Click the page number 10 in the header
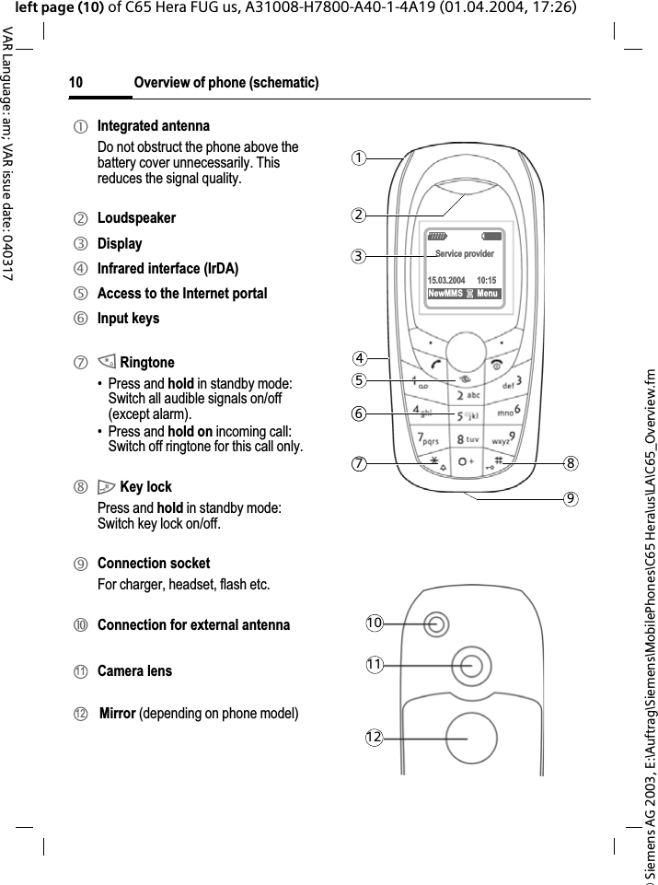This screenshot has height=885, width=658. click(75, 84)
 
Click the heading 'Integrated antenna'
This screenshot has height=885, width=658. click(153, 125)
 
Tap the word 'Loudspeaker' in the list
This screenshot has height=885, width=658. click(136, 218)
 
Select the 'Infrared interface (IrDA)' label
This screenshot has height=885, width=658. click(167, 269)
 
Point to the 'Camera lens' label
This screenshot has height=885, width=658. click(134, 671)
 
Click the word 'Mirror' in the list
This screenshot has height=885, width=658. click(118, 713)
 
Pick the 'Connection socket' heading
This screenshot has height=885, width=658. click(154, 563)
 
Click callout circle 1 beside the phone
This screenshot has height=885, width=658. click(364, 157)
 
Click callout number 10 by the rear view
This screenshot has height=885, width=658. click(373, 623)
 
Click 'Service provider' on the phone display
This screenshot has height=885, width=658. click(464, 254)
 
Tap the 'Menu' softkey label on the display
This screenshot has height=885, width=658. click(487, 294)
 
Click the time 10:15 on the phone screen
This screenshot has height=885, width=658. click(487, 280)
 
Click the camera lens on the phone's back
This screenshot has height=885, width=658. click(472, 667)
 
